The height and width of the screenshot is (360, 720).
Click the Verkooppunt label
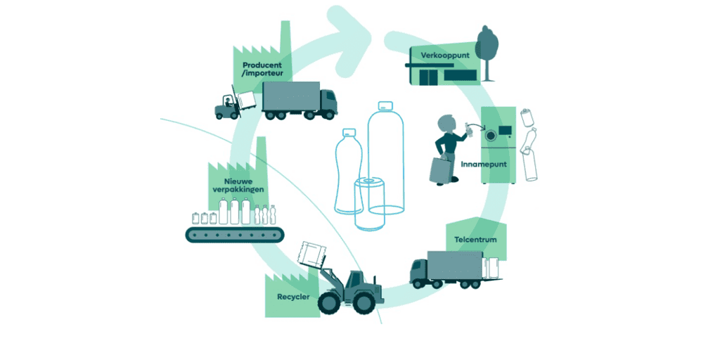[444, 56]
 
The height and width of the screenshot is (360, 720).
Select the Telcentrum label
[475, 239]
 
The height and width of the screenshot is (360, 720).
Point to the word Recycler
[292, 297]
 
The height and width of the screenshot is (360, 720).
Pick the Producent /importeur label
[263, 68]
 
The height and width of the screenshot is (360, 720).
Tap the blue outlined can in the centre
[369, 204]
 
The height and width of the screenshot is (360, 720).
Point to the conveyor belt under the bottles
[234, 235]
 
